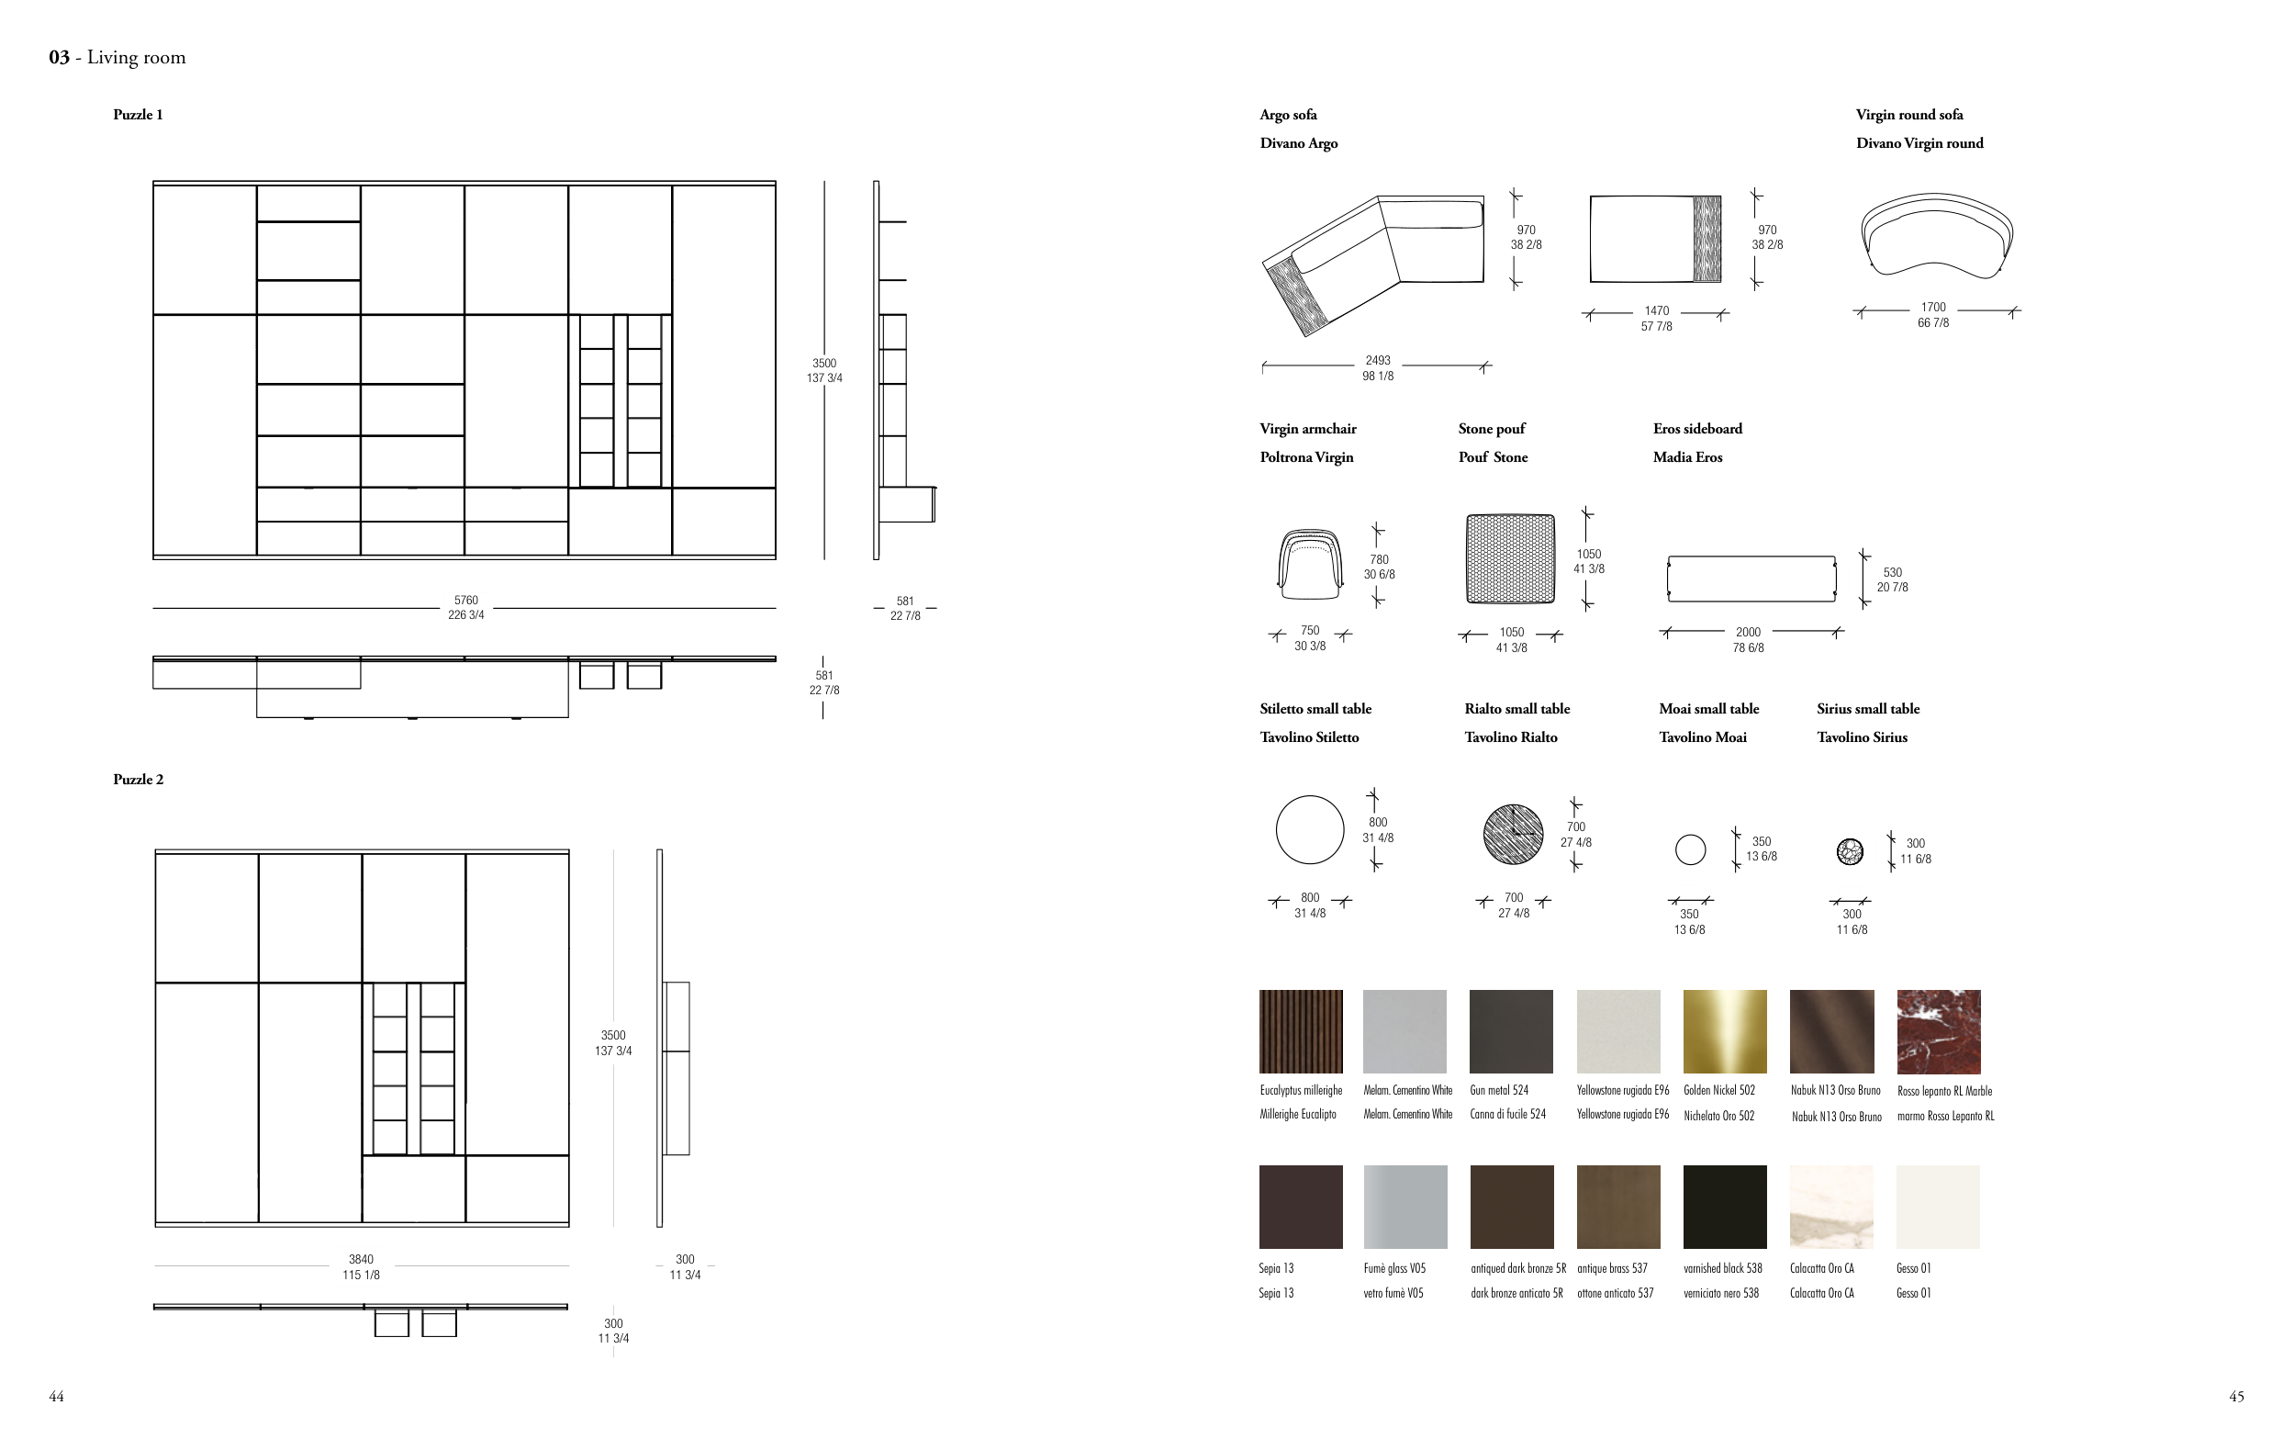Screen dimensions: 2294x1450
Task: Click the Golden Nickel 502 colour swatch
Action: [1724, 1032]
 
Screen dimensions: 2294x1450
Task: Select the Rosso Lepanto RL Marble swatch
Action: [1939, 1032]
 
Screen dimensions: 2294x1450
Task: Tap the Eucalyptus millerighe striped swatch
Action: [1302, 1032]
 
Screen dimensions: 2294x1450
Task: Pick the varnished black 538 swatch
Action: [1724, 1207]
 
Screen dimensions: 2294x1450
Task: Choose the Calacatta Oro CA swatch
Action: [1832, 1207]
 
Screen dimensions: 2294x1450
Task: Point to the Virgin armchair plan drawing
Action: [1310, 564]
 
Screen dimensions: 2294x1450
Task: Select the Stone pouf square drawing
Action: [1511, 559]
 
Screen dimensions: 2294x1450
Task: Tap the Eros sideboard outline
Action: [1751, 579]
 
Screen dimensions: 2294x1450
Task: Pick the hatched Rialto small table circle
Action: [1514, 835]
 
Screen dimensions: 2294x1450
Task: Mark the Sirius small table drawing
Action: [1850, 850]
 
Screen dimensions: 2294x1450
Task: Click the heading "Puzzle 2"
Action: [138, 780]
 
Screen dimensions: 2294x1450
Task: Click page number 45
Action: [2237, 1397]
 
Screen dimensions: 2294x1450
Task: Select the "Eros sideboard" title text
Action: [1697, 429]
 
